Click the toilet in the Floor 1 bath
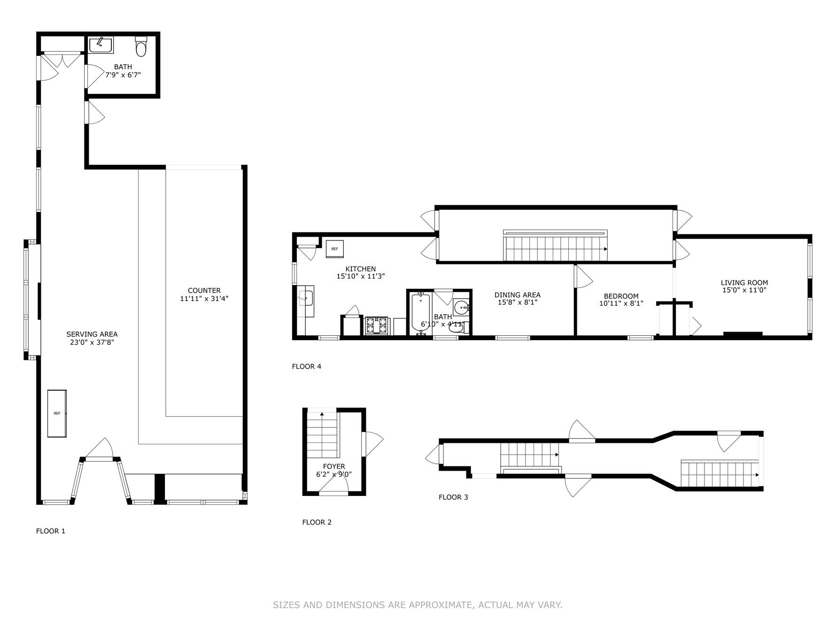click(x=141, y=46)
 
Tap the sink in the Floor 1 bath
click(x=101, y=45)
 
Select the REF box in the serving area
click(x=57, y=413)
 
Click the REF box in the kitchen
click(x=335, y=249)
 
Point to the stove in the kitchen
click(x=377, y=326)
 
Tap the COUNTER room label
click(x=204, y=290)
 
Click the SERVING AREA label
click(x=92, y=334)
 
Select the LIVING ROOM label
click(x=744, y=283)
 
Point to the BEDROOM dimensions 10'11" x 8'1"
click(x=621, y=303)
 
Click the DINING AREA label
click(x=518, y=295)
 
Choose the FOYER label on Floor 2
click(x=334, y=466)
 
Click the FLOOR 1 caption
click(x=51, y=531)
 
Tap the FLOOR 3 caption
click(x=453, y=497)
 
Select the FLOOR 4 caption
click(x=307, y=366)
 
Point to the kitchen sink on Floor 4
click(x=306, y=297)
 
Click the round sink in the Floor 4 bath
click(x=461, y=308)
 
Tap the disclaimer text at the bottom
click(x=418, y=605)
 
